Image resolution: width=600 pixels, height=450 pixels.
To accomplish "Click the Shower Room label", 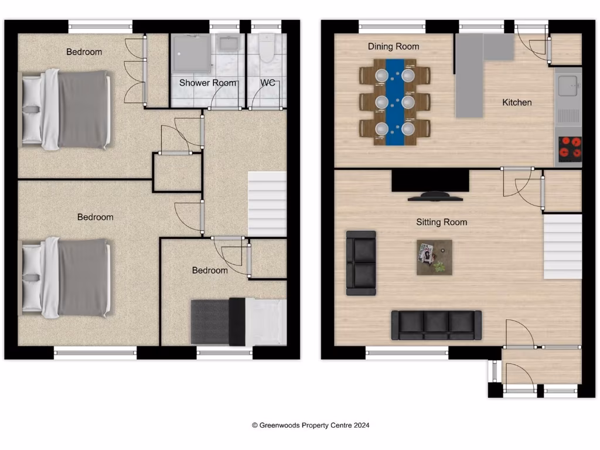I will [208, 83].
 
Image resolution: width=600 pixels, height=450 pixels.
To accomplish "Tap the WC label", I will [268, 83].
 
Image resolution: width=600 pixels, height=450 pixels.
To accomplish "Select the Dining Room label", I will [393, 46].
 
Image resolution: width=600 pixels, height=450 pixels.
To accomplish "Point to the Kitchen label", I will [517, 103].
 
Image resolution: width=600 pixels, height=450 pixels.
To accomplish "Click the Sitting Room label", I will [441, 222].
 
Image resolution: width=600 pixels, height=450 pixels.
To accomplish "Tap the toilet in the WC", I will [267, 48].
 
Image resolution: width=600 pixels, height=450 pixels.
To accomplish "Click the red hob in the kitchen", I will [569, 148].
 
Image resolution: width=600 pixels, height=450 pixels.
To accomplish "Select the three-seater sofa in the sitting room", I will [436, 325].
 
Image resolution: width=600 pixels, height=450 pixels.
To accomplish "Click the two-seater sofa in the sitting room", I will [361, 262].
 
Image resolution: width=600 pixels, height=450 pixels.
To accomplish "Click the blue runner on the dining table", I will [395, 102].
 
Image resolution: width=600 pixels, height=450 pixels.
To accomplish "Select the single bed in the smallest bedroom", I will [238, 322].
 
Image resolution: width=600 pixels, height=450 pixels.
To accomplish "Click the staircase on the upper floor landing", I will [267, 204].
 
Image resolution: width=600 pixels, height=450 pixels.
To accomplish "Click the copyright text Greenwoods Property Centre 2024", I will [311, 425].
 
